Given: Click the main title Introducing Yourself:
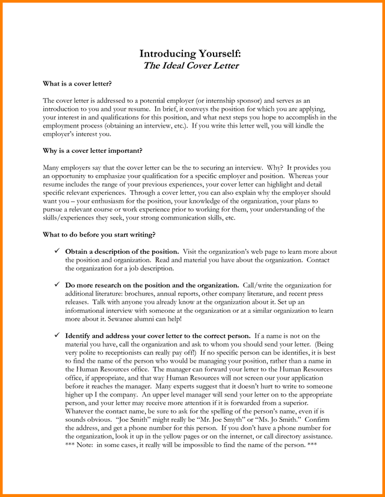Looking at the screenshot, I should [191, 54].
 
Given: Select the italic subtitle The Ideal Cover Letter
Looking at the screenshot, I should [191, 65].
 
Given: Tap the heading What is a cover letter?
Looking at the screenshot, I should [78, 83].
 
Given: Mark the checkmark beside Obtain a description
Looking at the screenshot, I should [57, 251].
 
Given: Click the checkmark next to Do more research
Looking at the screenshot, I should [57, 285].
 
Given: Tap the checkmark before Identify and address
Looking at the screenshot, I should [57, 335].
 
